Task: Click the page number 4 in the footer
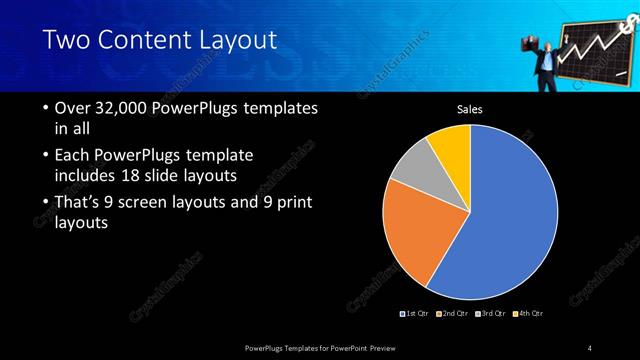(x=590, y=347)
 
